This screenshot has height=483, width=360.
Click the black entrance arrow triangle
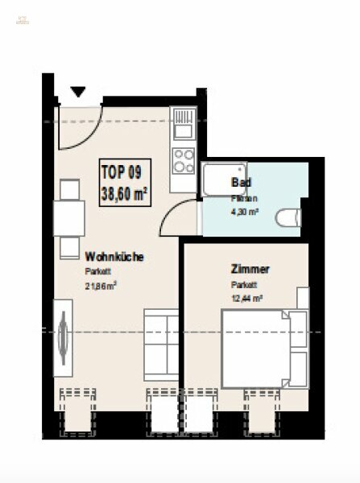tap(78, 92)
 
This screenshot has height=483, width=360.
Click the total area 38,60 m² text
tap(123, 192)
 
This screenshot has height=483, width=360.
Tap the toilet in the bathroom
tap(288, 217)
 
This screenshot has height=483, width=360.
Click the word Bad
tap(239, 182)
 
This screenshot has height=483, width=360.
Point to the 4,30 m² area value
tap(246, 213)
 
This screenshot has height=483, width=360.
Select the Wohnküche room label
tap(114, 258)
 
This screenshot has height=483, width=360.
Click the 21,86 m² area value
tap(101, 285)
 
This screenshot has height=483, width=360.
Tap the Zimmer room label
tap(250, 270)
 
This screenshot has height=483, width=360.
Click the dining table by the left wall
tap(68, 217)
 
